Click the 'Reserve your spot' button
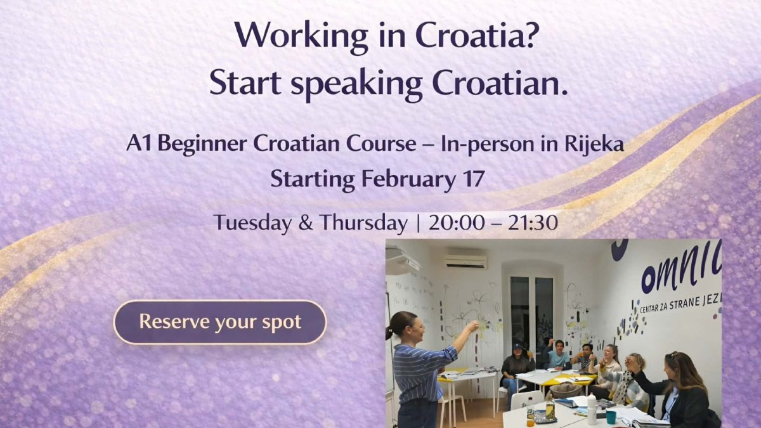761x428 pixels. click(x=219, y=322)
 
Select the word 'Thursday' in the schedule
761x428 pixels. click(x=363, y=223)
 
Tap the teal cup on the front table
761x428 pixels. click(x=611, y=417)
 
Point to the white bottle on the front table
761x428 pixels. click(x=591, y=408)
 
